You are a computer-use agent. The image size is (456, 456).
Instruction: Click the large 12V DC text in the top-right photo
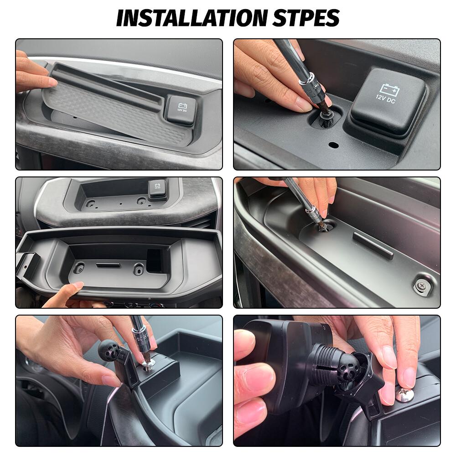[386, 97]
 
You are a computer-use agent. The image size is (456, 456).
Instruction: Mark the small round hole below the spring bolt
[333, 145]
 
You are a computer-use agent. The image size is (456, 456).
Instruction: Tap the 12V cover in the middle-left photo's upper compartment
[157, 187]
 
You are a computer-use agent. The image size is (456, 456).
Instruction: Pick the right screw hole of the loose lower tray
[138, 269]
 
